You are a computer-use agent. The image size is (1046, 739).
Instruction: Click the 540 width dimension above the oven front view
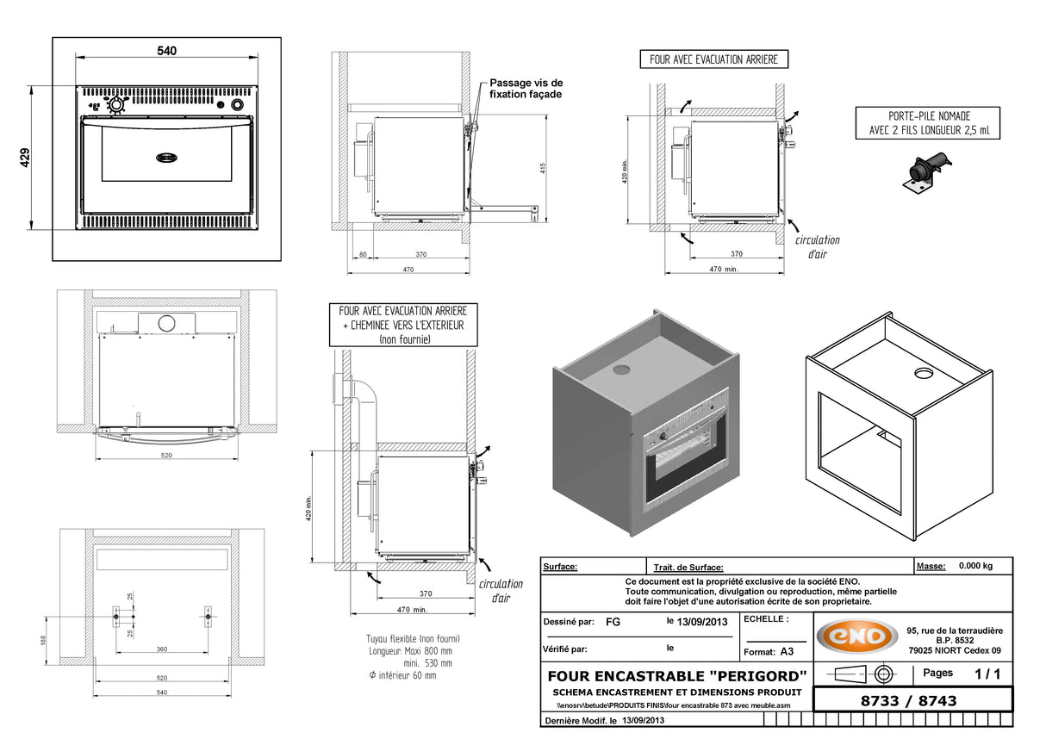coord(166,52)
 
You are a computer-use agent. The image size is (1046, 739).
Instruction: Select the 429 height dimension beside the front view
coord(26,158)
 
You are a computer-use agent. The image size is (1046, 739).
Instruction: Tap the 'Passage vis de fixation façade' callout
coord(526,88)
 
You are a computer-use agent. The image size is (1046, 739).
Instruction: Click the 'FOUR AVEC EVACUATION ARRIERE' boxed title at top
coord(713,59)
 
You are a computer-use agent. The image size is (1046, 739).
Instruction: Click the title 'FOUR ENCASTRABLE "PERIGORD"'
coord(677,674)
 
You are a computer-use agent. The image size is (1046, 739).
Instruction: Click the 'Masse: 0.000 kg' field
coord(961,566)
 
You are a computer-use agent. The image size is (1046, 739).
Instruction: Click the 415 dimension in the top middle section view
coord(544,168)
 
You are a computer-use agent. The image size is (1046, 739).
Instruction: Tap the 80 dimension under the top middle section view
coord(363,254)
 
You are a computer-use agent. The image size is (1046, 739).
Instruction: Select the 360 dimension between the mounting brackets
coord(162,649)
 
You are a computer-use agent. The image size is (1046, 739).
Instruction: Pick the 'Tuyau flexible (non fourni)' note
coord(413,639)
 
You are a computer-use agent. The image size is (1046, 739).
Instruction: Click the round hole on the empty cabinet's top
coord(923,374)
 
